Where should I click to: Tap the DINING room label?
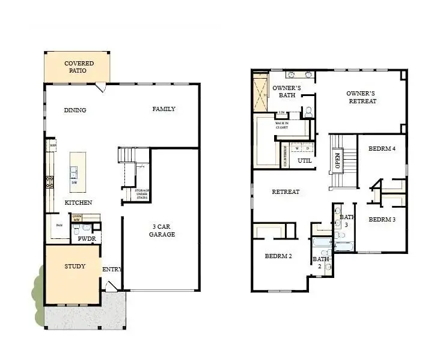pos(75,110)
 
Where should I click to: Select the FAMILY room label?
pos(163,109)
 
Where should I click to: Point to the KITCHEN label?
pos(79,202)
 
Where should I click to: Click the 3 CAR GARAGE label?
pos(162,231)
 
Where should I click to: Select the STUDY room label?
pos(75,266)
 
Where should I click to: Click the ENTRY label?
pos(112,269)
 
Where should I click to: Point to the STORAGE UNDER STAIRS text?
pos(142,194)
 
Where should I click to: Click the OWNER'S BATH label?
pos(287,91)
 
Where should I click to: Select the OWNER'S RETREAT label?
pos(361,97)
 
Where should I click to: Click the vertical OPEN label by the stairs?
pos(338,161)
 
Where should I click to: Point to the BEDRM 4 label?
pos(382,148)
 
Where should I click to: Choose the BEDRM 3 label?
pos(382,219)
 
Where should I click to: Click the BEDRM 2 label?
pos(278,256)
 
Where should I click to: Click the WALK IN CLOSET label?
pos(281,125)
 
